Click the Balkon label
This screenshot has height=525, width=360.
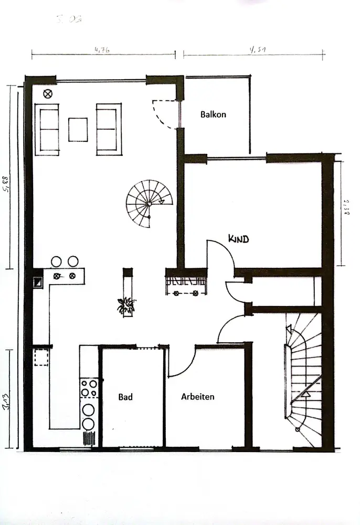pos(213,114)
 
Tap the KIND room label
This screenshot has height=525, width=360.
pos(238,239)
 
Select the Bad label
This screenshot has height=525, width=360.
pos(125,397)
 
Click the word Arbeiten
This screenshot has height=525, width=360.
pos(198,397)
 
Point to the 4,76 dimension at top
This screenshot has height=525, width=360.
pos(102,50)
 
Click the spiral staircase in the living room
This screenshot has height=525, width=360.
pos(148,203)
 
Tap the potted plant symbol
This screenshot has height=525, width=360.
pos(126,305)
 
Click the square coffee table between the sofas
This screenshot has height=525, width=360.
pos(78,130)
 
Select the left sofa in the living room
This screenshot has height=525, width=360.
pos(47,129)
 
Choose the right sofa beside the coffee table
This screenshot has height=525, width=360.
pos(109,129)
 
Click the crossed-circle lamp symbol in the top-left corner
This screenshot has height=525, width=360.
pos(48,94)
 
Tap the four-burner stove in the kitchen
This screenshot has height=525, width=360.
pos(89,388)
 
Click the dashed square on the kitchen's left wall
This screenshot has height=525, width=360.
pos(41,357)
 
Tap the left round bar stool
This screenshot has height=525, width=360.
pos(56,261)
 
